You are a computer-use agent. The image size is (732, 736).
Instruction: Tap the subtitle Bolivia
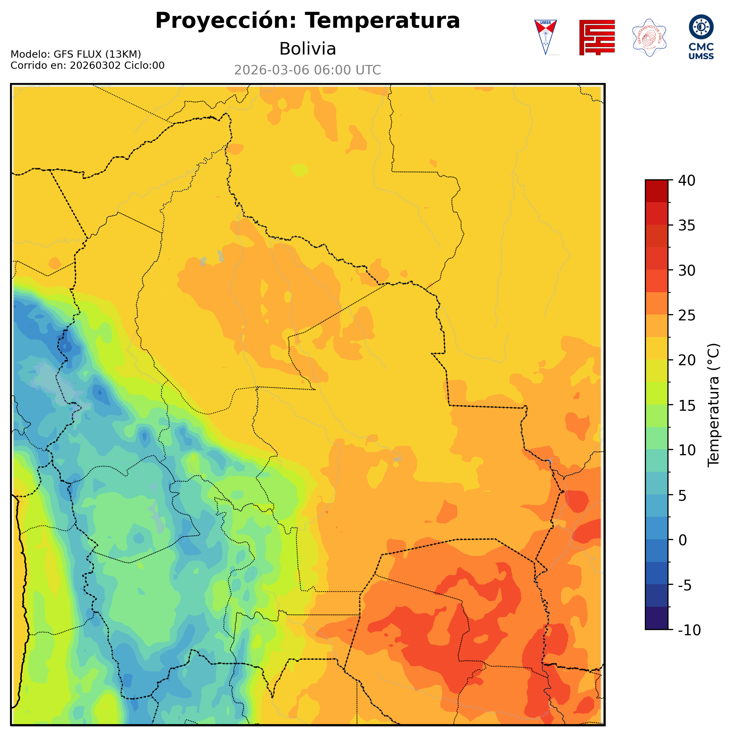point(308,49)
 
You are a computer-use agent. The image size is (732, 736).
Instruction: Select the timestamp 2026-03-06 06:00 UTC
point(308,70)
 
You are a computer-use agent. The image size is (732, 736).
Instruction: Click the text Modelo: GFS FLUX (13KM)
point(76,54)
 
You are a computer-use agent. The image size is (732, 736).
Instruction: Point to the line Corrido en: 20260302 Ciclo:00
point(87,66)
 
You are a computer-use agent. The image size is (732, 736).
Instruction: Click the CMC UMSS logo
point(701,37)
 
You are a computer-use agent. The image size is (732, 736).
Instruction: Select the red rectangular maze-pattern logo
point(597,37)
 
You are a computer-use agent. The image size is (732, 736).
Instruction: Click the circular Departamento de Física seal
point(649,37)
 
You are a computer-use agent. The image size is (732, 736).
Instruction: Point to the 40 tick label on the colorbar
point(687,181)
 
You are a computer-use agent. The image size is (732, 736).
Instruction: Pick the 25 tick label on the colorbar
point(687,316)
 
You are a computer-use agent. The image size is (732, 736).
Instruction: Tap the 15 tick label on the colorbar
point(687,405)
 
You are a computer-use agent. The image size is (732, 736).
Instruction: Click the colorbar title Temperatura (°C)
point(714,405)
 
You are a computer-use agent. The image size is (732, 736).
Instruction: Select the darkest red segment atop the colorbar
point(656,191)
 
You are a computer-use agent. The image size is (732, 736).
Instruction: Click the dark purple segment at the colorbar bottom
point(656,619)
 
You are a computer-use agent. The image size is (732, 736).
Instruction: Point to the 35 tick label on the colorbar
point(687,226)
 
